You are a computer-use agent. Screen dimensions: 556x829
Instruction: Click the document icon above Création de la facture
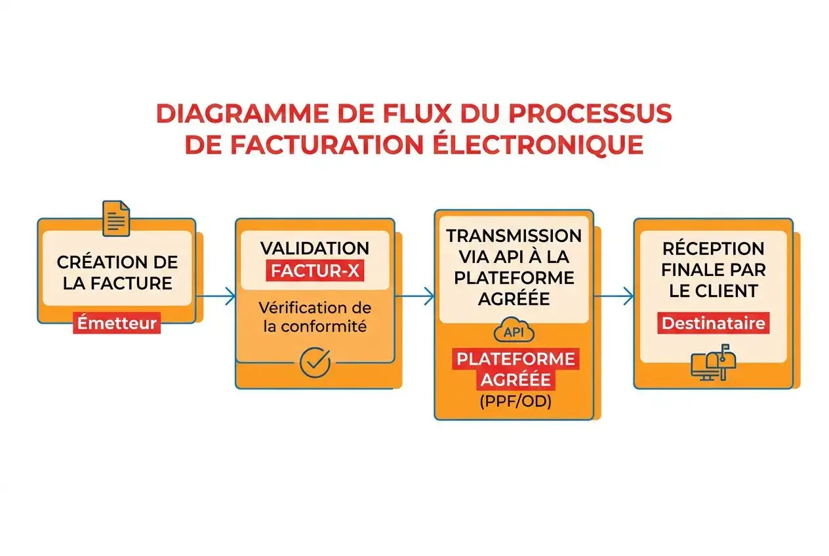116,218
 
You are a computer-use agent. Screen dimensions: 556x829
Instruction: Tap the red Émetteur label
117,323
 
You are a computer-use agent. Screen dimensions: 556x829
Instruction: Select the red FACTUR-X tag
314,270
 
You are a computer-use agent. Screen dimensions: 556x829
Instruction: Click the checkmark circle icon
315,363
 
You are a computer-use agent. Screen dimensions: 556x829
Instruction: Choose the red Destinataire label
713,323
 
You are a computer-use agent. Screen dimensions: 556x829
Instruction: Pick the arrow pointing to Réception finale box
613,297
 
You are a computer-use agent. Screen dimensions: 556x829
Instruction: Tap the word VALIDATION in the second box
315,248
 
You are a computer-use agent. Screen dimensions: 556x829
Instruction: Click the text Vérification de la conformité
315,317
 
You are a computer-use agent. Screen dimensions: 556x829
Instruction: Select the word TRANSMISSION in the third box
514,235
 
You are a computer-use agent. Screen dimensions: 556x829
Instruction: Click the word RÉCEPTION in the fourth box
713,248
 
